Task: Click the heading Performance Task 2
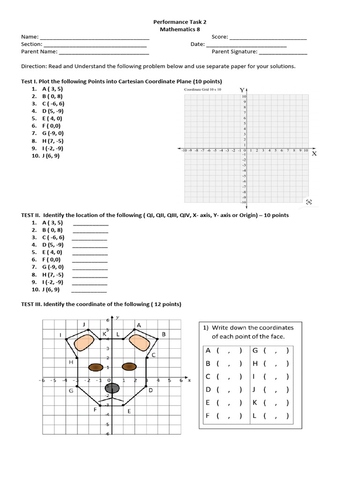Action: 180,22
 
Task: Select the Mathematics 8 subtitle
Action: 180,29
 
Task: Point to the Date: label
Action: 197,45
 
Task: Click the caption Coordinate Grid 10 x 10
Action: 203,89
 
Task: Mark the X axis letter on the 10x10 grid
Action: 314,153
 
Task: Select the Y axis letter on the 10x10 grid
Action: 242,90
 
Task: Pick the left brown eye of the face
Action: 96,367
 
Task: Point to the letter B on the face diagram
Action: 164,334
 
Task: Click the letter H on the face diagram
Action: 71,362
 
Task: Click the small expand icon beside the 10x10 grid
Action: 308,202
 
